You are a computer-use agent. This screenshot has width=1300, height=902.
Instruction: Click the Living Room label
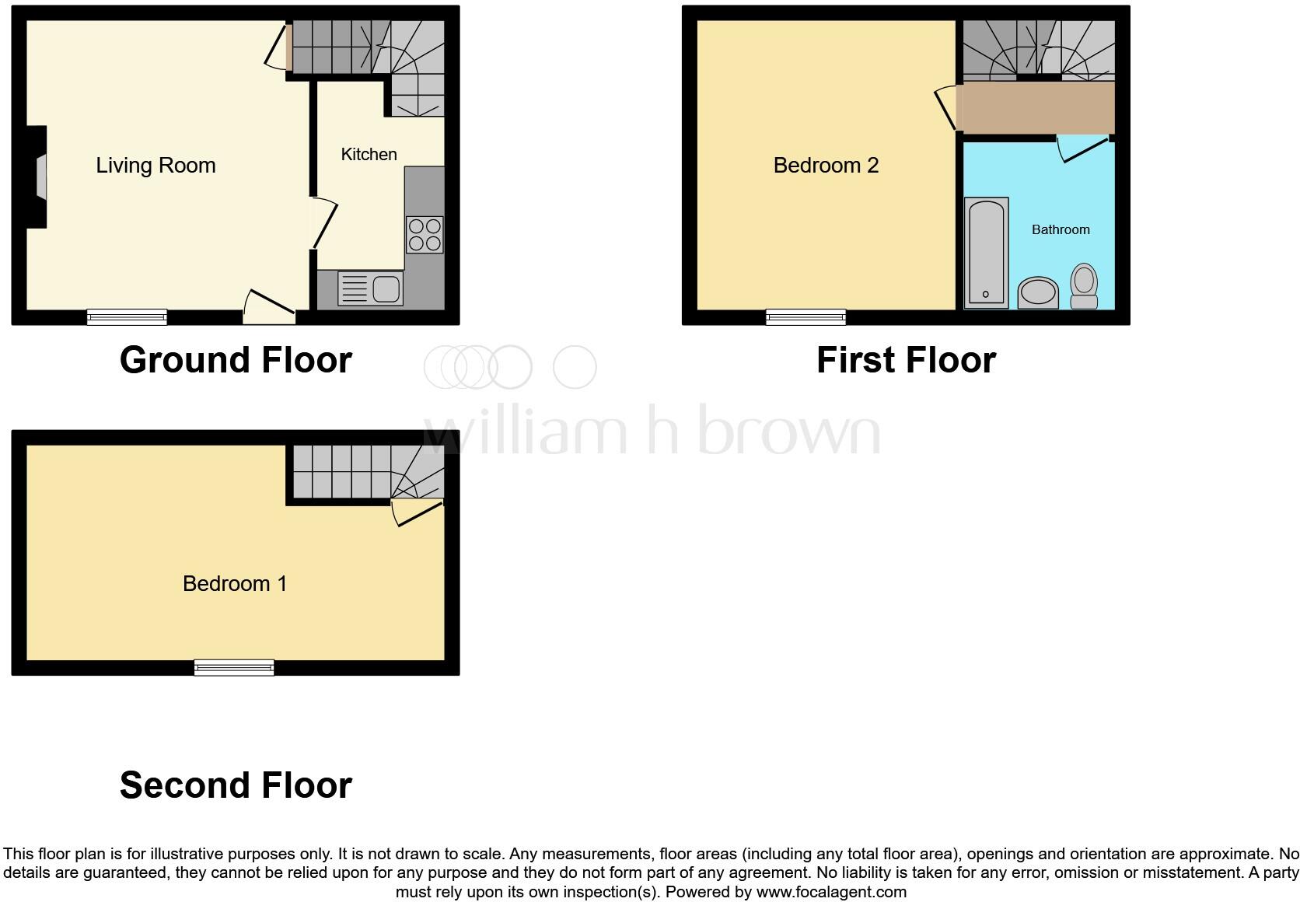(156, 165)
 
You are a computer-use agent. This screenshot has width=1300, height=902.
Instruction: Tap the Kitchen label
(369, 154)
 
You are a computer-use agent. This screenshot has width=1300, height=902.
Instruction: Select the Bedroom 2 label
(826, 165)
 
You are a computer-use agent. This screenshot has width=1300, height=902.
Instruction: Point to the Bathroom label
(1061, 229)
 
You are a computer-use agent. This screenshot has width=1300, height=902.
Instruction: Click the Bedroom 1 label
(235, 583)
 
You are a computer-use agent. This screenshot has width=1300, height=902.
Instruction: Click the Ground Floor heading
(236, 360)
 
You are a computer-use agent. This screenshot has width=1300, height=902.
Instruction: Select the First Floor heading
(906, 360)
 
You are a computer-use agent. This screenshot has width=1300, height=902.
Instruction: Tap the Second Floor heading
(236, 785)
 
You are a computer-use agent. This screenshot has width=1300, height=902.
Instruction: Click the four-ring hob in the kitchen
(425, 235)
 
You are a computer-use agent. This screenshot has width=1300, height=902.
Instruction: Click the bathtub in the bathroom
(986, 253)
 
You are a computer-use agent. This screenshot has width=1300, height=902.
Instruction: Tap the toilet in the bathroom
(1084, 286)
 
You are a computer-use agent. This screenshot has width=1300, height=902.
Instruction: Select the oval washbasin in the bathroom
(1038, 294)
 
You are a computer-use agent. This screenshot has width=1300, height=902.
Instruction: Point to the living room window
(127, 316)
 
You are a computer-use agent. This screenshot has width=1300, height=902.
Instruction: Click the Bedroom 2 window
(806, 316)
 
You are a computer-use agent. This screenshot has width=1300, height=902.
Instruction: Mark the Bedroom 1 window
(234, 667)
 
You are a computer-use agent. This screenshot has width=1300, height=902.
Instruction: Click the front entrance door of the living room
(269, 309)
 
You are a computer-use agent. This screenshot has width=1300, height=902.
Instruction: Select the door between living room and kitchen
(320, 223)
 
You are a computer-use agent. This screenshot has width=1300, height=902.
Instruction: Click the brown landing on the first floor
(1036, 108)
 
